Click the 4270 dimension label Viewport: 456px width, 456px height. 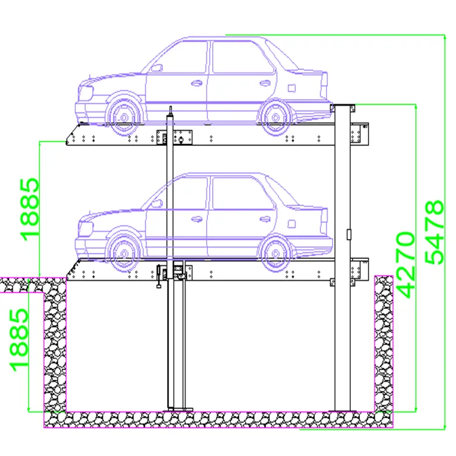click(405, 264)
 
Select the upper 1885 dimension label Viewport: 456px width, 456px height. click(30, 209)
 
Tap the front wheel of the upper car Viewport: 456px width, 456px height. click(123, 115)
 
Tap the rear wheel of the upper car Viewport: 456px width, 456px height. click(275, 115)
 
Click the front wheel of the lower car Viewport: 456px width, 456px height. click(123, 249)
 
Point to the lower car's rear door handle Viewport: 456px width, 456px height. click(265, 219)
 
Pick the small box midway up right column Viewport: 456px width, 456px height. click(348, 233)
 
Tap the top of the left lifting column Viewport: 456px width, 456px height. click(171, 110)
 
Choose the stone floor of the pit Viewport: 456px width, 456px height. click(213, 419)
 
